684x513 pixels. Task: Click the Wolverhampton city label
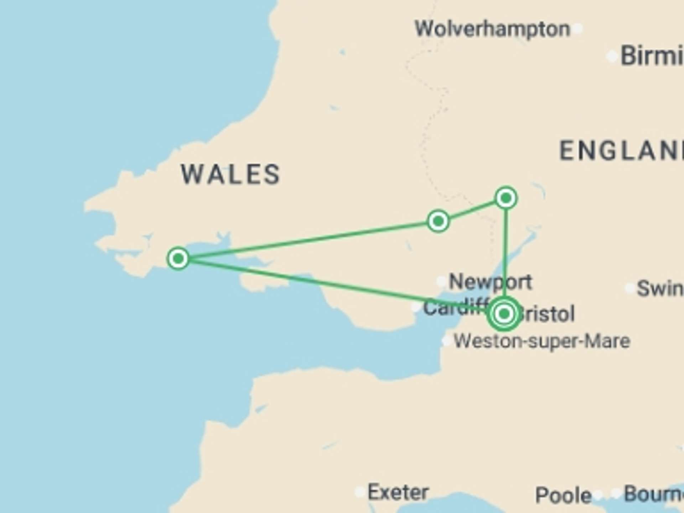point(492,29)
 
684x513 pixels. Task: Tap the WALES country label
point(231,175)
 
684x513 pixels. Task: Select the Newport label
point(490,282)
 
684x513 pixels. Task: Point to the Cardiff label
point(454,307)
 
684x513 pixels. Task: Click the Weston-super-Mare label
point(541,341)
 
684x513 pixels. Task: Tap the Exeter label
point(398,492)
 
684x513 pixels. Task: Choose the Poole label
point(563,495)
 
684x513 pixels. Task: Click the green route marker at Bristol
point(504,314)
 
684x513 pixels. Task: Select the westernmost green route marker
point(178,258)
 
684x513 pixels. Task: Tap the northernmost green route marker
point(506,198)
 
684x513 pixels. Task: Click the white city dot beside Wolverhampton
point(578,28)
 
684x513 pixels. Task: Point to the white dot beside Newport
point(441,281)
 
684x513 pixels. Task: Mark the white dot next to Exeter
point(360,492)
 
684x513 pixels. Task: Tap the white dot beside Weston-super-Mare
point(446,341)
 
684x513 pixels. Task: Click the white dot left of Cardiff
point(416,307)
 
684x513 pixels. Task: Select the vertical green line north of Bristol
point(506,249)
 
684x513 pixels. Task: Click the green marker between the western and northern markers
point(438,221)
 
